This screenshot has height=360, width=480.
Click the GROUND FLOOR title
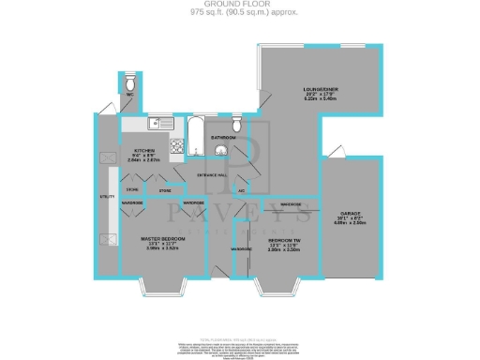point(239,5)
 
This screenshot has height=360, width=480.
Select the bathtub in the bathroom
point(195,137)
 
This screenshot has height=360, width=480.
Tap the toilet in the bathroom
point(237,125)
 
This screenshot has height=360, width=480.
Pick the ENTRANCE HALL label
point(213,175)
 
